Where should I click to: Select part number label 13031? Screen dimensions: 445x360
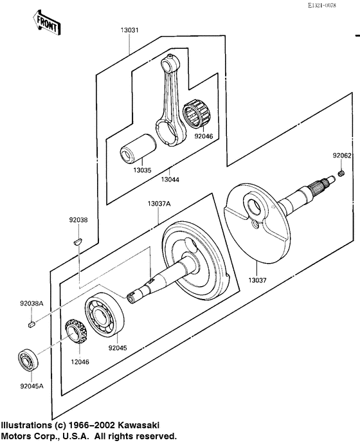(x=129, y=31)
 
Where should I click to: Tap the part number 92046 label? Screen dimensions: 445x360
(x=203, y=136)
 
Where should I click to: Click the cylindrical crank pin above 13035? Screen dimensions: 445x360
(x=136, y=147)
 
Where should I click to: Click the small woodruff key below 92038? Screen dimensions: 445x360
(x=76, y=242)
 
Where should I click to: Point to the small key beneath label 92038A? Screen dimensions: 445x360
(x=31, y=325)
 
